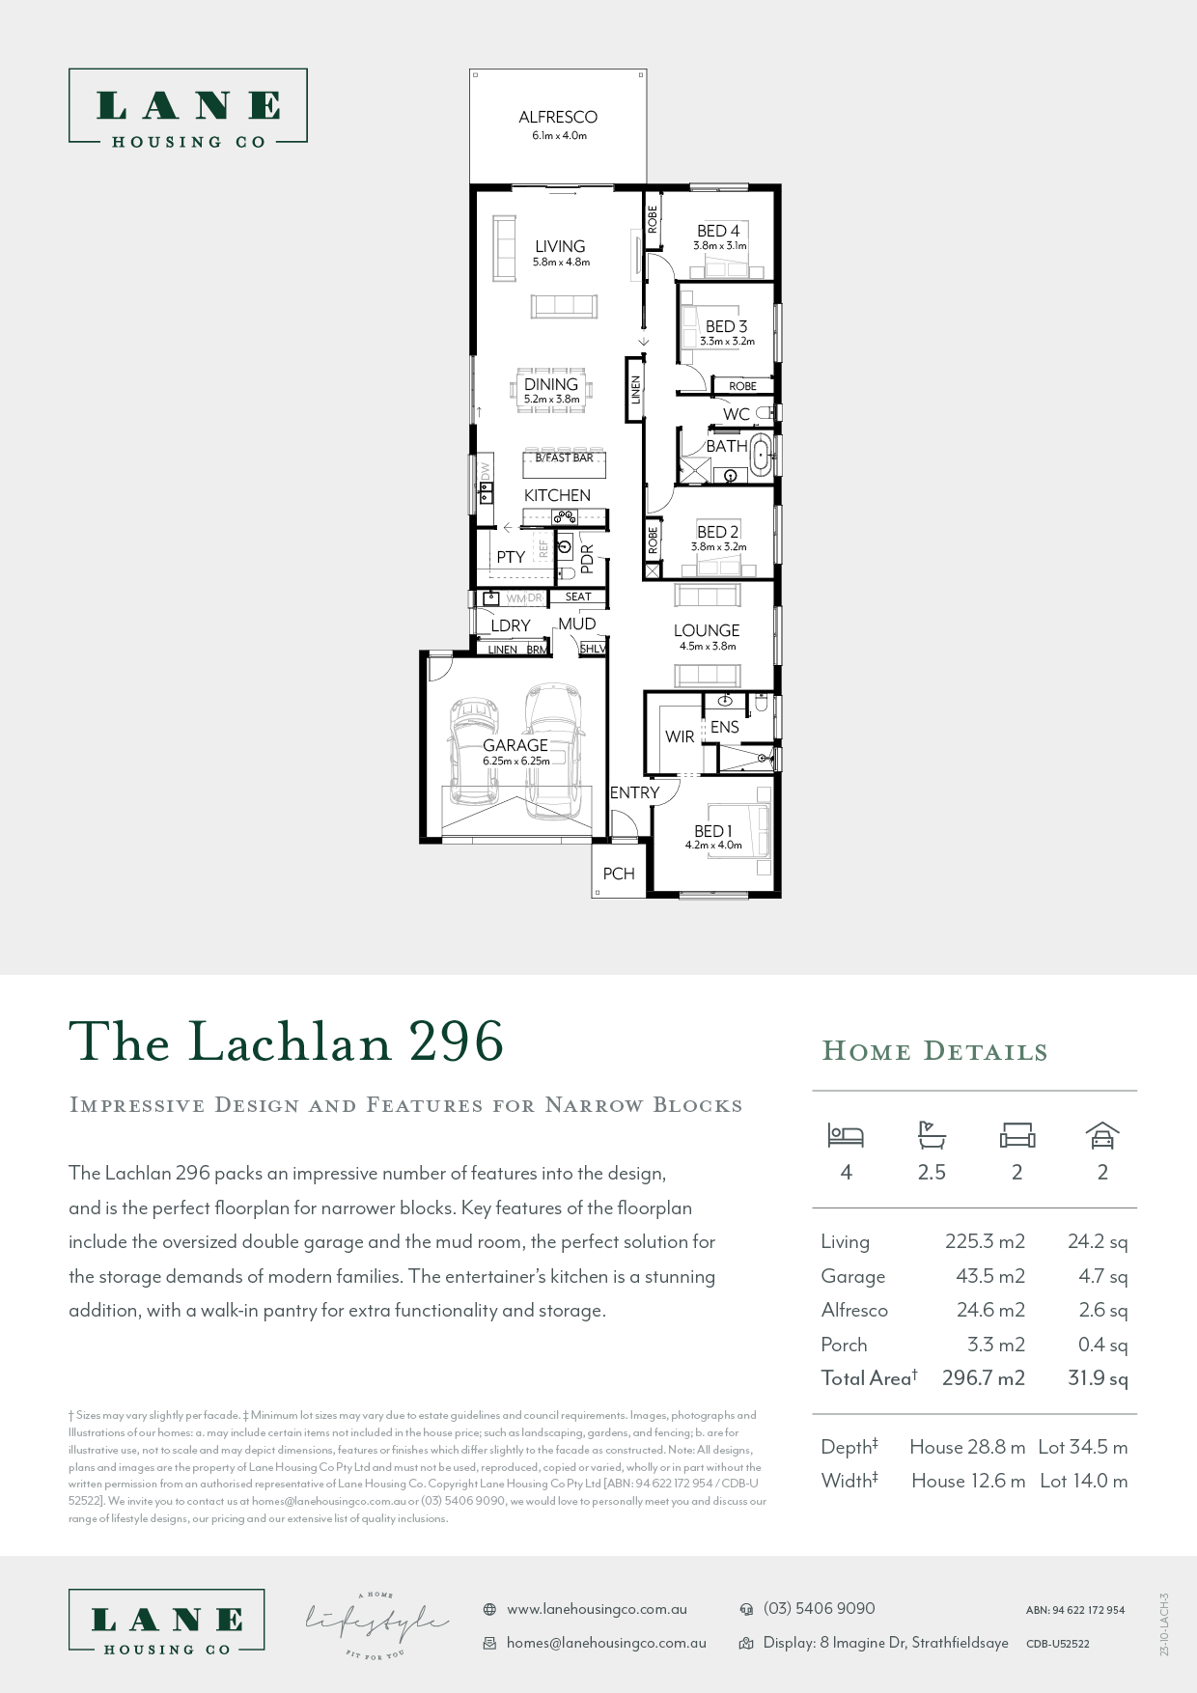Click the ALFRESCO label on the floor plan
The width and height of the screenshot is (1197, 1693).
(558, 117)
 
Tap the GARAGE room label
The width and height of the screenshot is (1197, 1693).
(515, 745)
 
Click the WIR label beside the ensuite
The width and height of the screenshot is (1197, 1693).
(680, 736)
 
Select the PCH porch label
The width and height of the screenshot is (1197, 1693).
(619, 874)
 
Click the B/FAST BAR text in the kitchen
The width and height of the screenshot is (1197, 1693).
(564, 458)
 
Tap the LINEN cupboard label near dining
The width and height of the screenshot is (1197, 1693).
(635, 390)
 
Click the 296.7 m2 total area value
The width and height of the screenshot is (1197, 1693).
(983, 1378)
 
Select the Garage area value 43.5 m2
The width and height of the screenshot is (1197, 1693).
(989, 1276)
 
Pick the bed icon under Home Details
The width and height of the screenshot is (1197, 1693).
(846, 1136)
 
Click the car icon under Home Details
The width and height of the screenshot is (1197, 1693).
(1102, 1136)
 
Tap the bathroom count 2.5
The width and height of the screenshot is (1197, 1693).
(932, 1173)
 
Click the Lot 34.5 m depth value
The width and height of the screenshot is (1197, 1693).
(1082, 1447)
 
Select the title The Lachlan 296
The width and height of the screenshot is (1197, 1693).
(287, 1042)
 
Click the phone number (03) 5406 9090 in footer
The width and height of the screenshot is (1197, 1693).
(819, 1609)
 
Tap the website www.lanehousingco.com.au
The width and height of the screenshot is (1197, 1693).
(597, 1609)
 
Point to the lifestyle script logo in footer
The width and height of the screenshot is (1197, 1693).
(376, 1624)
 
